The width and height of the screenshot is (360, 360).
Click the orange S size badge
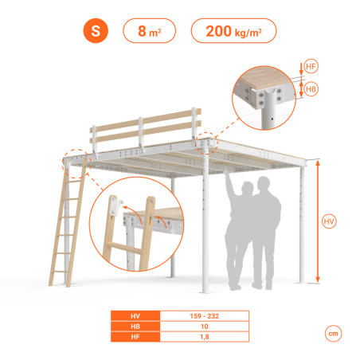click(x=96, y=31)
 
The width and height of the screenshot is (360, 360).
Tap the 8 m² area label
click(x=149, y=31)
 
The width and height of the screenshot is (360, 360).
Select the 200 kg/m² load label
click(x=233, y=31)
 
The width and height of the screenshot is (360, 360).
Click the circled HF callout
click(x=311, y=66)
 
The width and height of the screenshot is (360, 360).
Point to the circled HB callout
click(x=311, y=89)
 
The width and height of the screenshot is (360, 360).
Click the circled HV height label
click(x=329, y=221)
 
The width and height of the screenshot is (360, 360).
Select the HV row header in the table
click(x=135, y=316)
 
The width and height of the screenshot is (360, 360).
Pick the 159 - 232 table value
click(x=205, y=316)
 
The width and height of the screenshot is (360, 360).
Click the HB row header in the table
click(x=135, y=327)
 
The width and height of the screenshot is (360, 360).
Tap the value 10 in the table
click(x=205, y=327)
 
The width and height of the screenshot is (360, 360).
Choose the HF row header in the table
click(x=135, y=337)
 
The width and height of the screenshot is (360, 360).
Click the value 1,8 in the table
click(x=205, y=337)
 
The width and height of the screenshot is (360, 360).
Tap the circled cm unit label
click(x=334, y=334)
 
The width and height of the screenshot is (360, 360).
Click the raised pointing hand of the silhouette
click(x=226, y=170)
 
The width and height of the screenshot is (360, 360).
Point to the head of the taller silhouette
click(x=264, y=184)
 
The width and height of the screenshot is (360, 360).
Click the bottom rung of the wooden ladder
click(x=60, y=272)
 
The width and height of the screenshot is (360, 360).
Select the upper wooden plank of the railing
click(x=146, y=119)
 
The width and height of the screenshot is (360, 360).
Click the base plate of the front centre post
click(x=207, y=292)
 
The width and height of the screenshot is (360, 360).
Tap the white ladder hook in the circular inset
click(x=117, y=206)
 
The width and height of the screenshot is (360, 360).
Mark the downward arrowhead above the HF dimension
click(x=301, y=72)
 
